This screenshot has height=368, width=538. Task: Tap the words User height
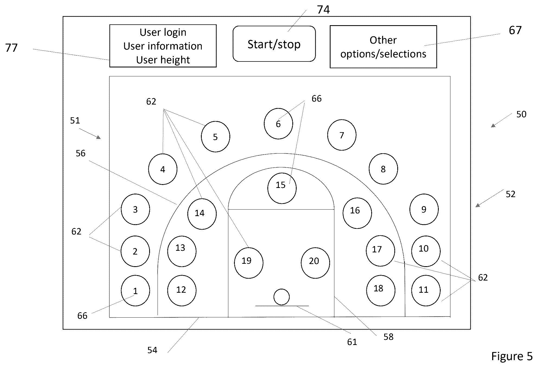click(x=163, y=60)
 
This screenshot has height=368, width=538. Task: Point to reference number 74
click(x=323, y=10)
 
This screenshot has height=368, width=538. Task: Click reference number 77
click(x=11, y=48)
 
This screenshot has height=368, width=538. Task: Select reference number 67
click(x=515, y=30)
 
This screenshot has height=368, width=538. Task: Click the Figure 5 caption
click(x=512, y=356)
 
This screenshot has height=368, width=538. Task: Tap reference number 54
click(x=152, y=350)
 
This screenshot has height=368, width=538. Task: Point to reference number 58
click(x=388, y=337)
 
